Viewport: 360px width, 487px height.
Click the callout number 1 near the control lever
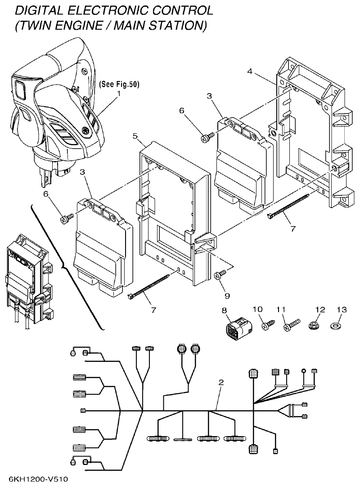[119, 94]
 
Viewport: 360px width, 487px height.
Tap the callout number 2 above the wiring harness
[220, 383]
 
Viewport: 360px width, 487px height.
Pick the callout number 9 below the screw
[227, 296]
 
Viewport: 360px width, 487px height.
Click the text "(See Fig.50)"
[119, 84]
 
